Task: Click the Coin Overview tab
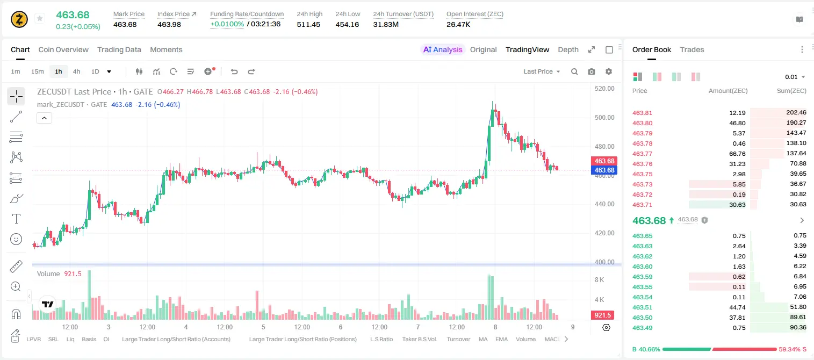click(63, 49)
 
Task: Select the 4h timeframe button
click(76, 71)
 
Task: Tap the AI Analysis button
click(443, 49)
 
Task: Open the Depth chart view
click(568, 49)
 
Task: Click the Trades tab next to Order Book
click(692, 49)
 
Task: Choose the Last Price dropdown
click(542, 71)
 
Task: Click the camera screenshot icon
click(592, 71)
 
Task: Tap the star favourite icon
click(40, 18)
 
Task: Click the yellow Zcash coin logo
click(19, 19)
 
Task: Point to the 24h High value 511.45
click(308, 24)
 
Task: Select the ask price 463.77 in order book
click(642, 154)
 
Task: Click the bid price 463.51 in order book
click(642, 307)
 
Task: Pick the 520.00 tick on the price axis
click(604, 88)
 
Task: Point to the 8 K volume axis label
click(599, 280)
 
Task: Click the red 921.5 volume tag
click(602, 315)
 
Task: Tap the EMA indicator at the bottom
click(501, 339)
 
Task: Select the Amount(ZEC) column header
click(728, 91)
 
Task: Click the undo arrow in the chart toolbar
click(234, 71)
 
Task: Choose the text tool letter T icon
click(16, 219)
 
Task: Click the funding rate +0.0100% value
click(227, 24)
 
